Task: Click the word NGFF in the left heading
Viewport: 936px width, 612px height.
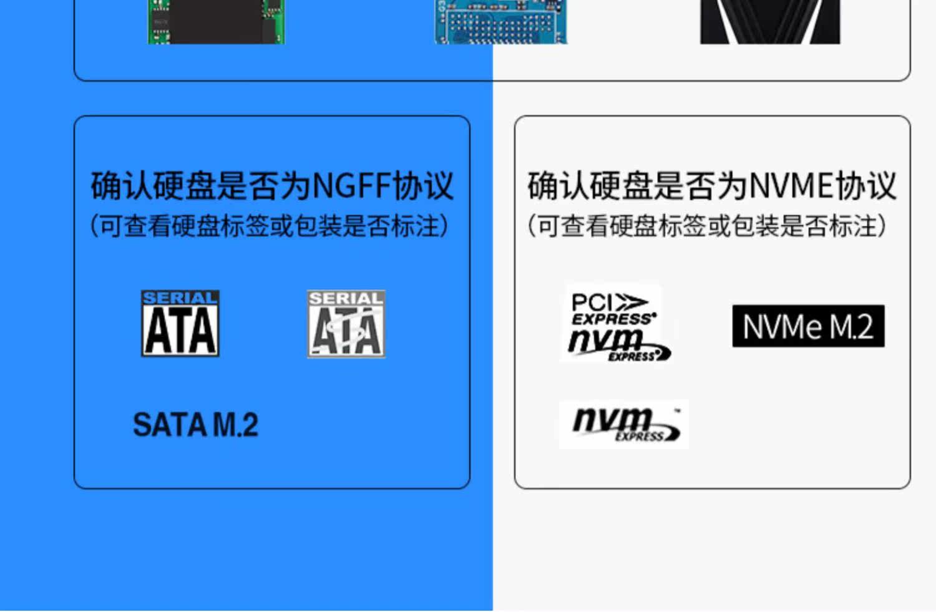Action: (x=351, y=185)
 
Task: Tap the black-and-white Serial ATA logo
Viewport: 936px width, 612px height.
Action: (x=180, y=323)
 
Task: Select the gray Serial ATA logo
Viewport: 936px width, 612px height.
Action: (x=346, y=324)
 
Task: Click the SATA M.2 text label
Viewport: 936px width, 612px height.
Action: (x=195, y=425)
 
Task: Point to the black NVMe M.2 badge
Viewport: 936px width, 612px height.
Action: (x=808, y=326)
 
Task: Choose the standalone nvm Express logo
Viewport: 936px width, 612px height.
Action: (x=624, y=424)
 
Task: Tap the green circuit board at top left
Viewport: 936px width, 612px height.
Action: (x=216, y=22)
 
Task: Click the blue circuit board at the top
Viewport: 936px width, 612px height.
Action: (x=501, y=22)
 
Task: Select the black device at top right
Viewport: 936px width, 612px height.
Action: (x=770, y=22)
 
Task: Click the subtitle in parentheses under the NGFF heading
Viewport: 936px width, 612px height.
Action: (x=270, y=226)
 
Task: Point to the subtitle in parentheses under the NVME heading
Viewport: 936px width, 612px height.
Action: (x=707, y=226)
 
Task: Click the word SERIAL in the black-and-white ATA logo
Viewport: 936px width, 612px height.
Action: (x=180, y=298)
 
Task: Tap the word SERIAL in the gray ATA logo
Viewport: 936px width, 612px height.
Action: (x=346, y=299)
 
